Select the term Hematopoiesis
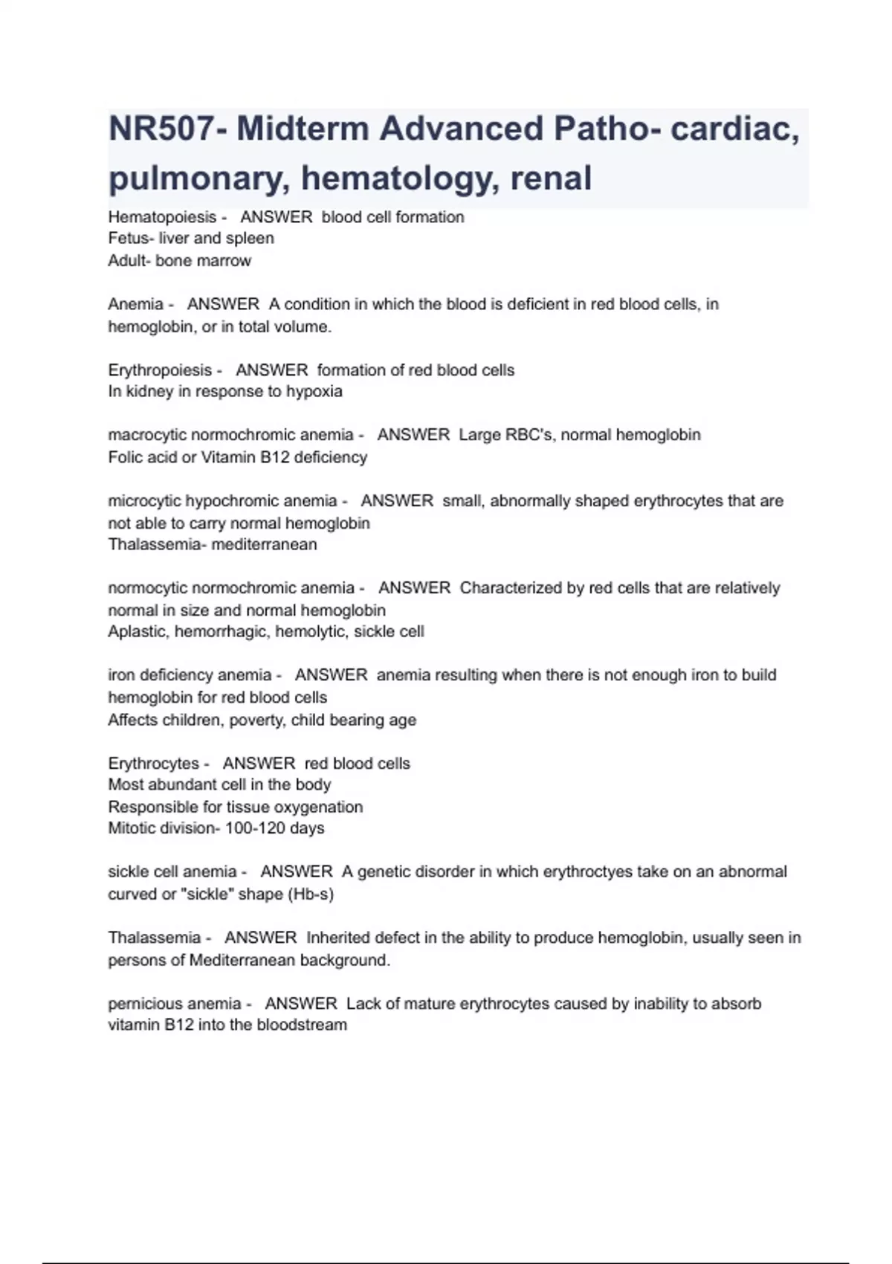[162, 217]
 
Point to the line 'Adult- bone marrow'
[179, 261]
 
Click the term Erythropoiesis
[160, 370]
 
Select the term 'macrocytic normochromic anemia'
[230, 435]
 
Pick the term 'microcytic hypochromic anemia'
[222, 501]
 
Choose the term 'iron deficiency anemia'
[190, 675]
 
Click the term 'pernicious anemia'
[175, 1004]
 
